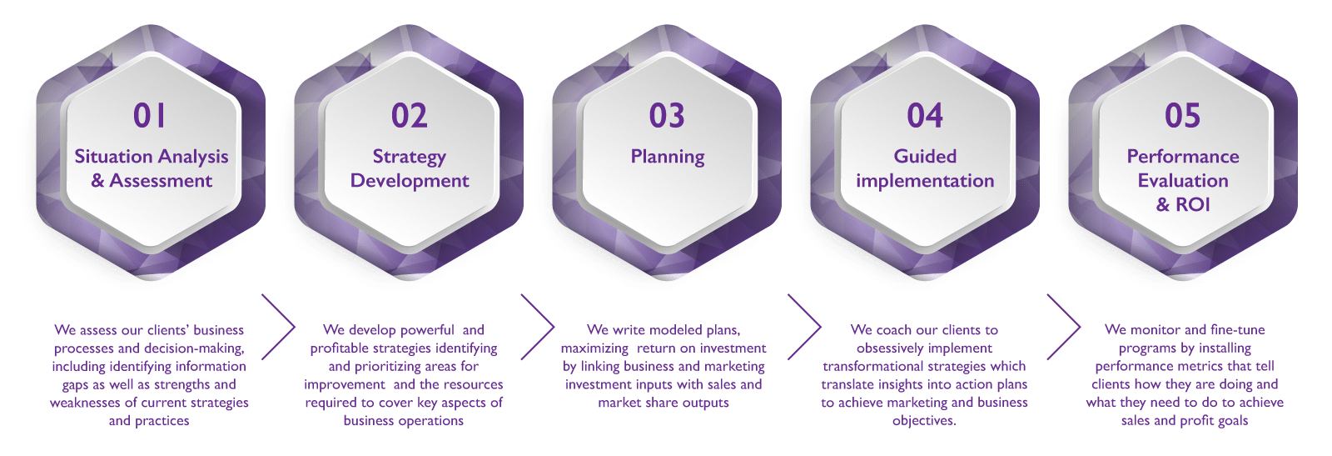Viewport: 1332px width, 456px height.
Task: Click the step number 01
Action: click(x=150, y=116)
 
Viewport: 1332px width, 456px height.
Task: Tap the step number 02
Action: click(x=410, y=116)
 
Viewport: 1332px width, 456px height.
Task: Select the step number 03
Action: click(x=667, y=116)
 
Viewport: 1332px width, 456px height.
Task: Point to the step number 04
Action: click(x=925, y=116)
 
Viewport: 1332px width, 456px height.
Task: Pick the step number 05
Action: click(x=1183, y=116)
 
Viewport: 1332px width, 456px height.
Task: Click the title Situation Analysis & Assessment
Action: click(x=152, y=168)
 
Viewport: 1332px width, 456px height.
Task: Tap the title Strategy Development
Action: click(x=410, y=168)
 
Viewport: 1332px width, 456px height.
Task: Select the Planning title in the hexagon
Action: click(x=668, y=157)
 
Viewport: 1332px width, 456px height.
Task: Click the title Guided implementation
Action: click(x=925, y=168)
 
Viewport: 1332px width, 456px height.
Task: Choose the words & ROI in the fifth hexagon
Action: click(x=1183, y=204)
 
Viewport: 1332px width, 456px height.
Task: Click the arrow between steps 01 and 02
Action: click(x=279, y=327)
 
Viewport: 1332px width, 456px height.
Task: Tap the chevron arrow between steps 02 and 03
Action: click(x=538, y=327)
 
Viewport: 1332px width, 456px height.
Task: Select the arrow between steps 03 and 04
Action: click(x=804, y=327)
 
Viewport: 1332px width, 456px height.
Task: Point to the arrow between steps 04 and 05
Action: click(x=1064, y=327)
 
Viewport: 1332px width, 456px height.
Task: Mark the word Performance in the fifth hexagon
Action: click(x=1183, y=157)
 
